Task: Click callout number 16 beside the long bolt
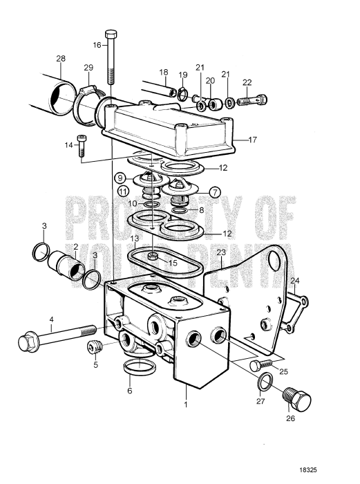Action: (97, 45)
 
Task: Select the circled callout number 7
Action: (214, 191)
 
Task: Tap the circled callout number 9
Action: (121, 177)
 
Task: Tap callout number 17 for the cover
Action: (252, 140)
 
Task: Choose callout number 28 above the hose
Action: (60, 59)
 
